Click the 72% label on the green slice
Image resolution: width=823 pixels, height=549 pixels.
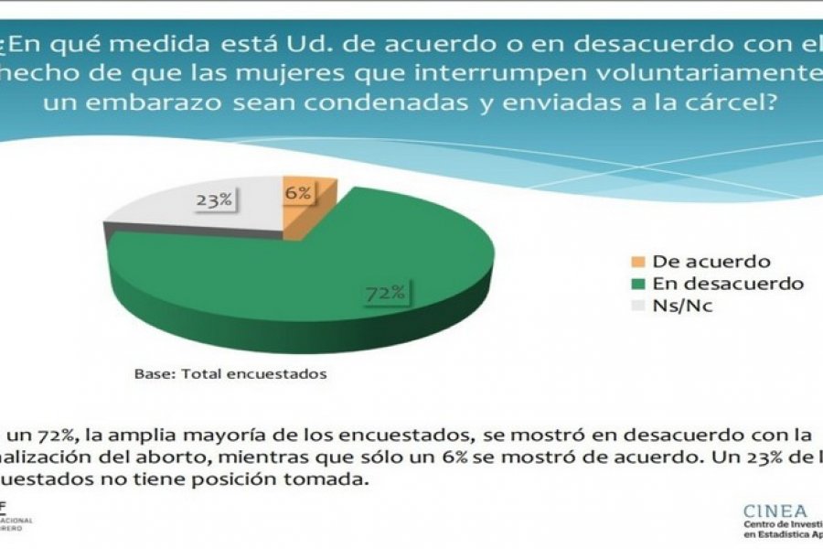[385, 293]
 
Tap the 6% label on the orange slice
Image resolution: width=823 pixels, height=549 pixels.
[298, 193]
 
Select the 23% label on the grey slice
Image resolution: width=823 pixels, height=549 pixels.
[213, 199]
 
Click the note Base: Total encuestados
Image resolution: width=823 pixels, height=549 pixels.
[230, 373]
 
